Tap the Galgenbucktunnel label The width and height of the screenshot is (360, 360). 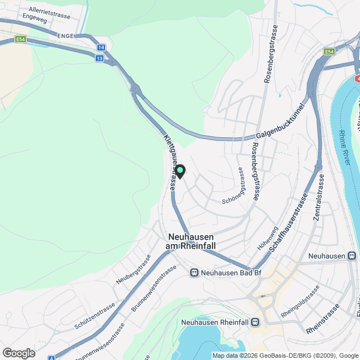pos(279,128)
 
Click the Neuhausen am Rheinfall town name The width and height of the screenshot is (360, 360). pos(191,242)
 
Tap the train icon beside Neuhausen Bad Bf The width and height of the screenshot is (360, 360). pos(194,273)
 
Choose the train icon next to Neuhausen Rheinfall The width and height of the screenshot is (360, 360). pos(256,322)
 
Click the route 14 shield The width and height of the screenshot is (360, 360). pos(101,48)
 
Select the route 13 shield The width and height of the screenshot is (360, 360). pos(100,58)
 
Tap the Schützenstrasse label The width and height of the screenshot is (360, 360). pos(94,316)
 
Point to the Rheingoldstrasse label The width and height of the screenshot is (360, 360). pos(300,303)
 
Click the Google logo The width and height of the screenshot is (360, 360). pos(19,353)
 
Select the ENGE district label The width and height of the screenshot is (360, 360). pos(66,35)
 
